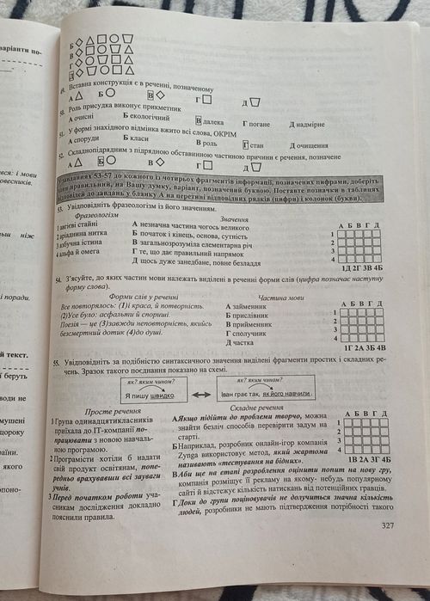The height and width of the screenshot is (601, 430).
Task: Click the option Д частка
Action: (x=244, y=341)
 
